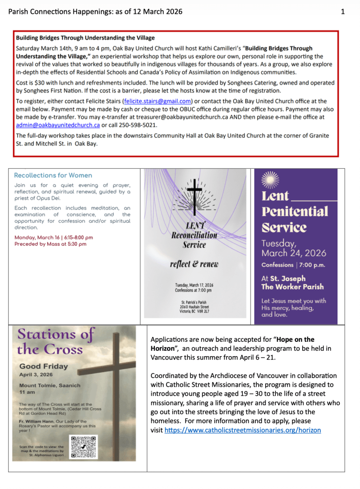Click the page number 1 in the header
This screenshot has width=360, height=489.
tap(343, 11)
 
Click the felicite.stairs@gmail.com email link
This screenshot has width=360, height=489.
tap(157, 101)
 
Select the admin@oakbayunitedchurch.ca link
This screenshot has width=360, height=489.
tap(57, 125)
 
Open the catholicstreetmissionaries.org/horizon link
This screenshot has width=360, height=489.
tap(242, 430)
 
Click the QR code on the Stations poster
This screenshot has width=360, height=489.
tap(84, 447)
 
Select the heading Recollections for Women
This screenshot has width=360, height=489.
tap(53, 175)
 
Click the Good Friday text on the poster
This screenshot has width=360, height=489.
tap(43, 367)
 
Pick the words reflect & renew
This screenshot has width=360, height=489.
tap(195, 264)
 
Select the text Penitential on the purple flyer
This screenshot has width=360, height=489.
tap(295, 211)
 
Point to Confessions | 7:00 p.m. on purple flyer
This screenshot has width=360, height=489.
tap(293, 264)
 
